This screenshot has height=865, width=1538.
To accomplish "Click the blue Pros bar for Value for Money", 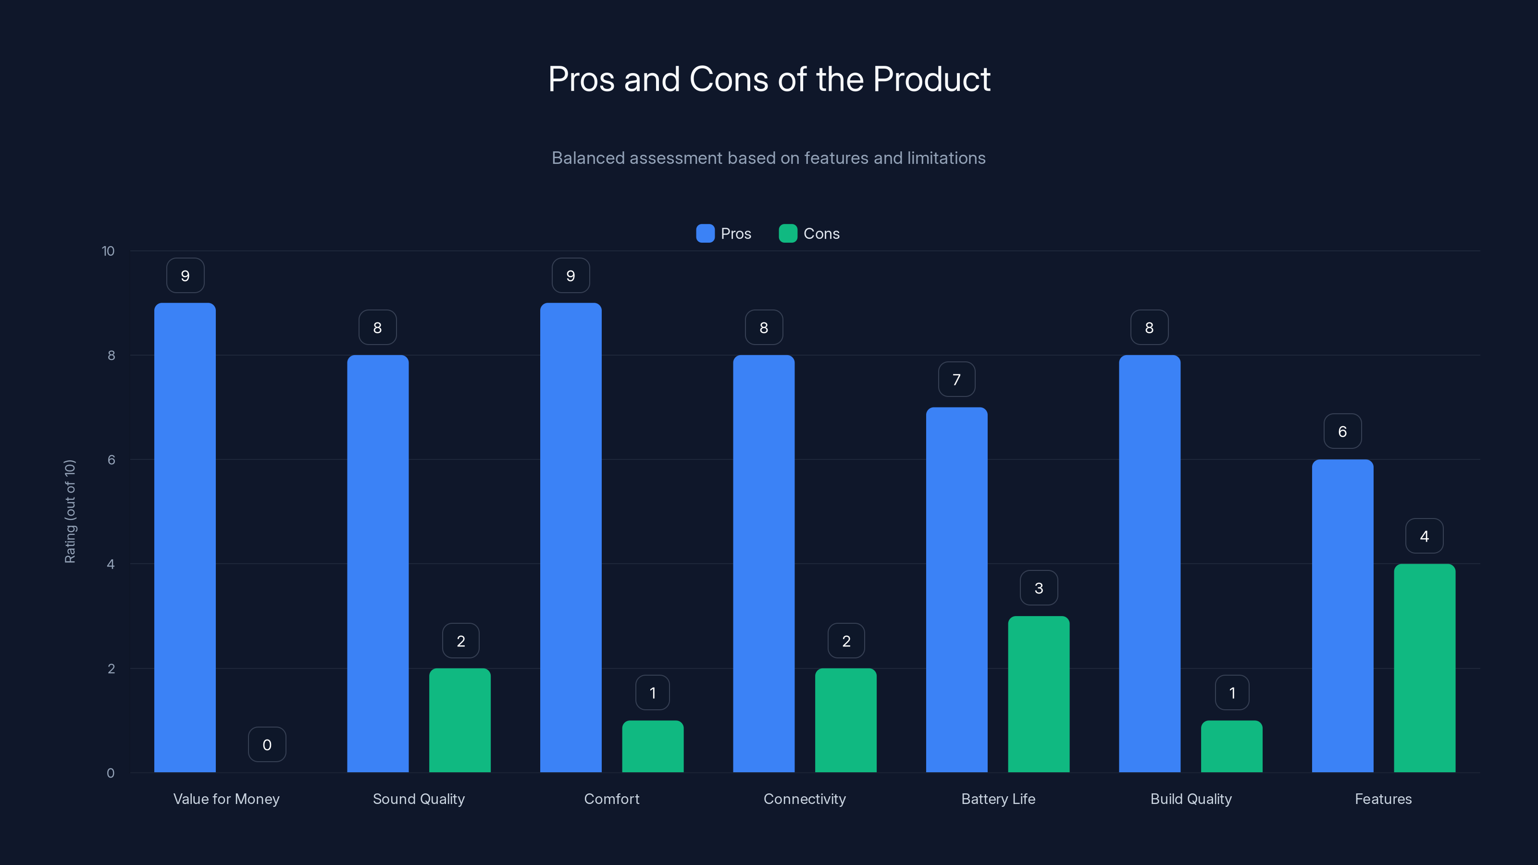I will (185, 537).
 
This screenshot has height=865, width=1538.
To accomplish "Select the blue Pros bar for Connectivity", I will (763, 564).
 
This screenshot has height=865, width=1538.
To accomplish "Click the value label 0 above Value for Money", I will (267, 744).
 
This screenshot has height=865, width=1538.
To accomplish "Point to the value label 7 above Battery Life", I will (956, 379).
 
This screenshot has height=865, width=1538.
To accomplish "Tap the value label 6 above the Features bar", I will (1342, 431).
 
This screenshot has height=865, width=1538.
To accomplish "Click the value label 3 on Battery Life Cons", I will (1038, 588).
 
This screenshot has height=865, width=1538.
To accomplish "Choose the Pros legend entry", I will (724, 234).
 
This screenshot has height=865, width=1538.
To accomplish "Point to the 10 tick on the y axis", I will (108, 251).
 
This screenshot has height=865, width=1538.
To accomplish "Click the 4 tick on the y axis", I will (111, 564).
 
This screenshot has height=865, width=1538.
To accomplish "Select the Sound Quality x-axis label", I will (419, 799).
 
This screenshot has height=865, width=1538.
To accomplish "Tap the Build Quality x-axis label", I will (1191, 799).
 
